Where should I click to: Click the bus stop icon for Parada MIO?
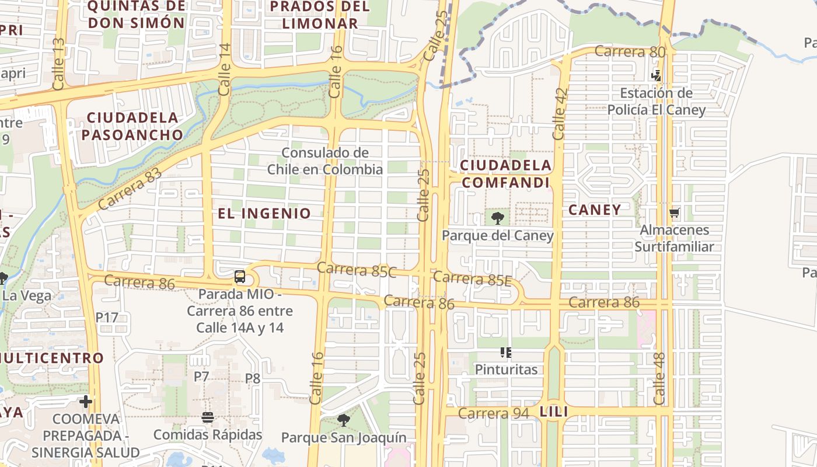239,277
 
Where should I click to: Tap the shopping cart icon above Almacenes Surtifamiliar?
675,213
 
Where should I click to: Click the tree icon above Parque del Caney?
498,218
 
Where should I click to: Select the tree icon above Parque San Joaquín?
344,420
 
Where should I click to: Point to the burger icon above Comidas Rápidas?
208,417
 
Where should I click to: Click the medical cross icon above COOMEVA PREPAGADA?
86,402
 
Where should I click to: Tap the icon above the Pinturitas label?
506,352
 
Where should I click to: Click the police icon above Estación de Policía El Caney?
657,75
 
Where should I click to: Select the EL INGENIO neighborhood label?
264,213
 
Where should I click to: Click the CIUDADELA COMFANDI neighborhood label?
506,174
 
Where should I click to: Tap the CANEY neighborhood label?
595,210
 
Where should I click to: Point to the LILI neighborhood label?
554,412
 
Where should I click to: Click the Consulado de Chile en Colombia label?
325,161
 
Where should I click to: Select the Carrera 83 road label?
130,189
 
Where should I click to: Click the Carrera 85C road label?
357,270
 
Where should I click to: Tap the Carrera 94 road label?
493,413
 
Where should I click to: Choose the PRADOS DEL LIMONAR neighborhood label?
320,15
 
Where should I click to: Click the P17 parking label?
107,318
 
